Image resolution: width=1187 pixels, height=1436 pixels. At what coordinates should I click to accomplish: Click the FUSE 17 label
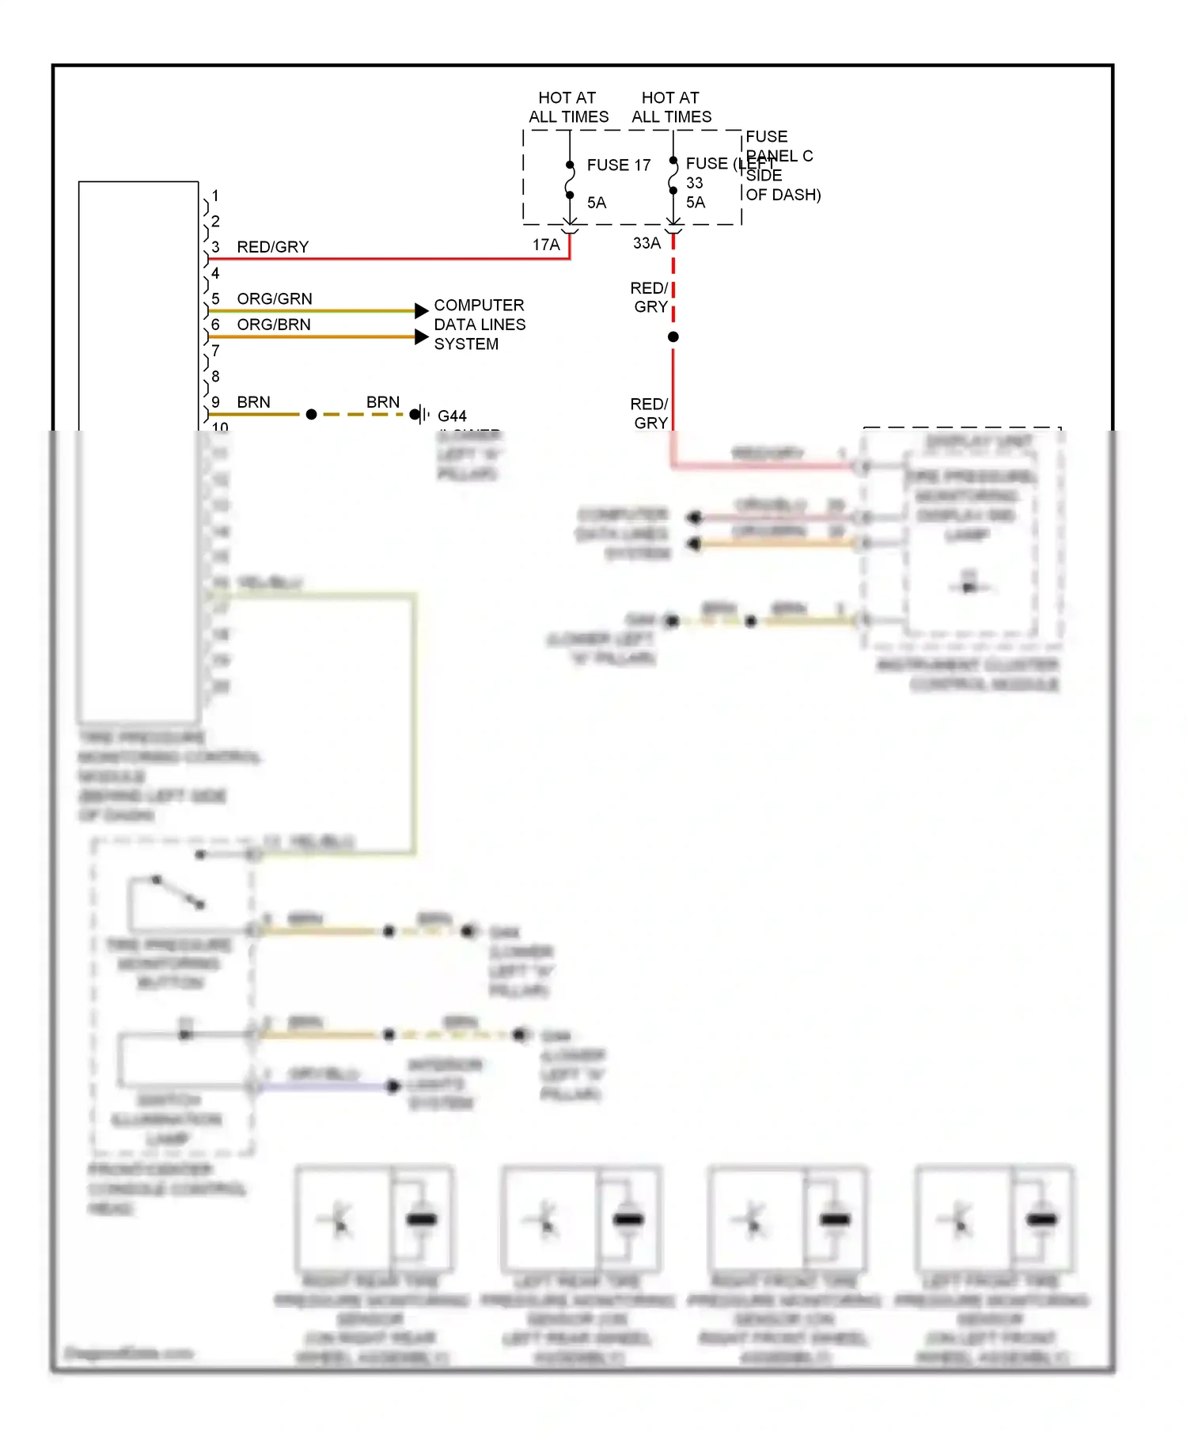pyautogui.click(x=618, y=165)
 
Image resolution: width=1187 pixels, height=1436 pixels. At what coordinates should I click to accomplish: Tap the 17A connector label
pyautogui.click(x=545, y=245)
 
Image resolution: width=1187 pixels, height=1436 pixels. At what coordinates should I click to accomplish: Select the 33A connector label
pyautogui.click(x=646, y=243)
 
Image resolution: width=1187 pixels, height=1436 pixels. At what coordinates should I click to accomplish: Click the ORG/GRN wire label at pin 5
pyautogui.click(x=275, y=298)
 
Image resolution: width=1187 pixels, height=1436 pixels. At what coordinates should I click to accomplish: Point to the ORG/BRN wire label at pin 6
pyautogui.click(x=274, y=325)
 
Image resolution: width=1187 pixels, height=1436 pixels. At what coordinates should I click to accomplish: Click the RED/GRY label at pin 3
pyautogui.click(x=272, y=247)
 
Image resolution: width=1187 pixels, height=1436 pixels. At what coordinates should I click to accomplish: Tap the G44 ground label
pyautogui.click(x=452, y=416)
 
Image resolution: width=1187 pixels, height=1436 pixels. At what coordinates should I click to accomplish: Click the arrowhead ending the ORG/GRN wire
pyautogui.click(x=422, y=310)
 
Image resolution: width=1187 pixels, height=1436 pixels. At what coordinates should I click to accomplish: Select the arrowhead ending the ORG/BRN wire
pyautogui.click(x=422, y=336)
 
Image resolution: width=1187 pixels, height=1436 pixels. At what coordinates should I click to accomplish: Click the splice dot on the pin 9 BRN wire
pyautogui.click(x=311, y=414)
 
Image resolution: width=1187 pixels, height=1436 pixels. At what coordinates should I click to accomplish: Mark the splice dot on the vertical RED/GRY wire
pyautogui.click(x=673, y=336)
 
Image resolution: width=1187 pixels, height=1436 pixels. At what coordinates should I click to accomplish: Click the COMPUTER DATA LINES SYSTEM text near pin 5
pyautogui.click(x=479, y=325)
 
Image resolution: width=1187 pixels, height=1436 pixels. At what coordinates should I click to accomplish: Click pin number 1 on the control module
pyautogui.click(x=215, y=196)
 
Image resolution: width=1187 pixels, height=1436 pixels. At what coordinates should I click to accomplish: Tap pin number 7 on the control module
pyautogui.click(x=215, y=351)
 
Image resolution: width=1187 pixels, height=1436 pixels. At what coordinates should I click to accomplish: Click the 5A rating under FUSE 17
pyautogui.click(x=597, y=203)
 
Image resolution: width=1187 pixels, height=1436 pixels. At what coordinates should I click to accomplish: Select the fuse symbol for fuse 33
pyautogui.click(x=673, y=176)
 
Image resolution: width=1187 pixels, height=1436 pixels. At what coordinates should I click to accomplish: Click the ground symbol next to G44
pyautogui.click(x=422, y=414)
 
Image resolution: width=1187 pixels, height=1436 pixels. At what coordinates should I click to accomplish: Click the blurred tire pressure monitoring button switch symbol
pyautogui.click(x=179, y=891)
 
